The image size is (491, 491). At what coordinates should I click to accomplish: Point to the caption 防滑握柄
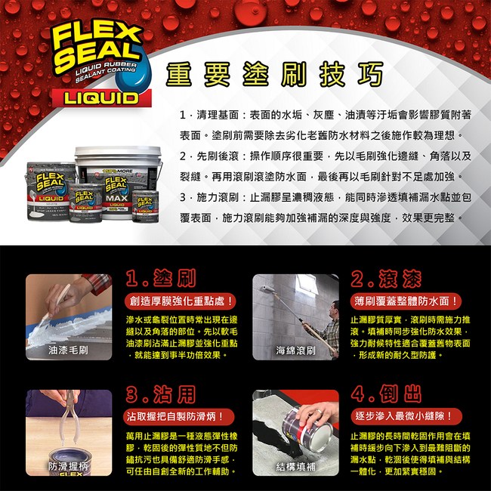click(x=69, y=467)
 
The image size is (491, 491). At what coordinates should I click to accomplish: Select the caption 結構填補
click(x=295, y=466)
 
